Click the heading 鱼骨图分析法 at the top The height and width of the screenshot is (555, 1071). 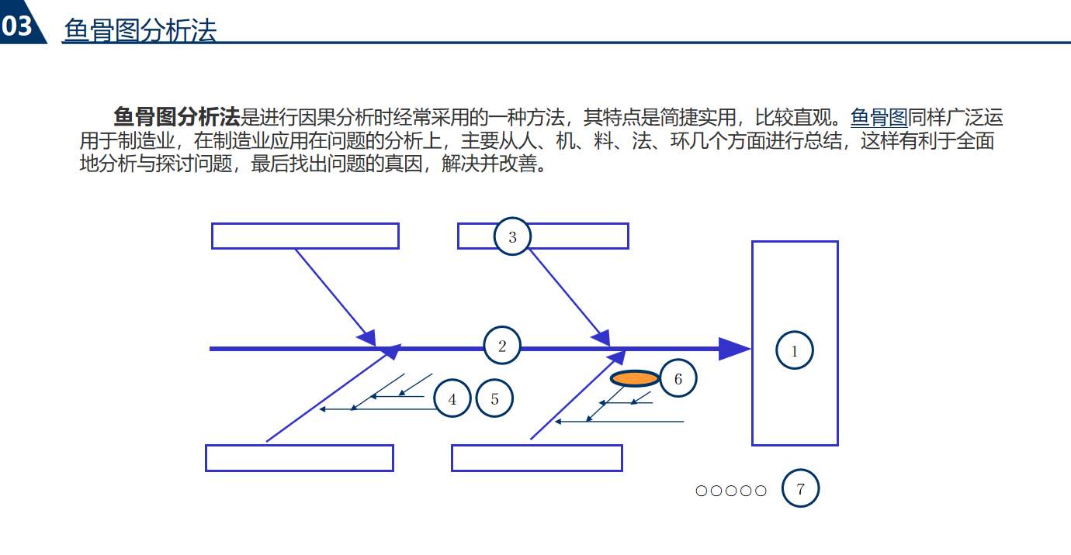[140, 29]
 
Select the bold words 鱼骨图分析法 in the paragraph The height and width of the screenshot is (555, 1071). [176, 118]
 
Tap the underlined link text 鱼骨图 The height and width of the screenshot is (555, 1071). [879, 118]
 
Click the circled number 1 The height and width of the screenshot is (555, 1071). [794, 351]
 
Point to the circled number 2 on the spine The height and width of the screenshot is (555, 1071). [502, 346]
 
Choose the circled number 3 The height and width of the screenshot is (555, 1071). [512, 237]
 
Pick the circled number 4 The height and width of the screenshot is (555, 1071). [452, 400]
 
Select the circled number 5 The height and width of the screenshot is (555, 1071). [494, 399]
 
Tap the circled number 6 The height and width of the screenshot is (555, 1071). [678, 379]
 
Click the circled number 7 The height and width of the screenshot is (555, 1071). [800, 488]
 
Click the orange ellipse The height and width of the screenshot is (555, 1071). [635, 378]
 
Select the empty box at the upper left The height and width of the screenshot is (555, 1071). [305, 236]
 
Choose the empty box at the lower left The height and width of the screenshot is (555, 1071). [299, 458]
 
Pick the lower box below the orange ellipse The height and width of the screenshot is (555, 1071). [536, 458]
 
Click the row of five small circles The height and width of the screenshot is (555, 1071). [731, 491]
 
